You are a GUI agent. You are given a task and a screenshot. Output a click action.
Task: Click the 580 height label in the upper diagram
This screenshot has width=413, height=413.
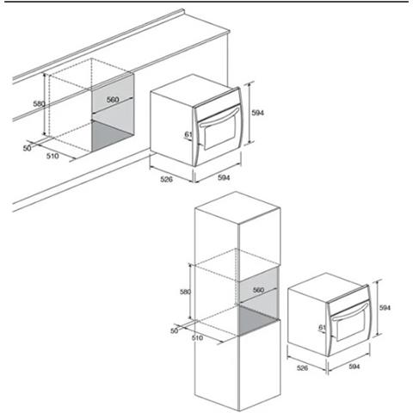(x=39, y=103)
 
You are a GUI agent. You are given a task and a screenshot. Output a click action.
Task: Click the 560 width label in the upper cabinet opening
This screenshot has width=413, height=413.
(x=113, y=100)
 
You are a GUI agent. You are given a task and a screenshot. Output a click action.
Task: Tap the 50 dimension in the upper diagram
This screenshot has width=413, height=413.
(x=28, y=148)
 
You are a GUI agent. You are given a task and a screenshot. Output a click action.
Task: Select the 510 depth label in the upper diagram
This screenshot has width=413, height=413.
(x=52, y=156)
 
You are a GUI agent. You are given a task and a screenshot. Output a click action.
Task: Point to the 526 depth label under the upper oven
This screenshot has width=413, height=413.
(x=166, y=179)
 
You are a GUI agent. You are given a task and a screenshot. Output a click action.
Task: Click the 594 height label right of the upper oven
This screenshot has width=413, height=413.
(x=257, y=113)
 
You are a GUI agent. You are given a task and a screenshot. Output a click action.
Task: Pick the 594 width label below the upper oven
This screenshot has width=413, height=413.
(x=224, y=177)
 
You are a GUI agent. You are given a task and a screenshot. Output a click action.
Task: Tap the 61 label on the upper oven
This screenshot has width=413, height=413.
(x=188, y=134)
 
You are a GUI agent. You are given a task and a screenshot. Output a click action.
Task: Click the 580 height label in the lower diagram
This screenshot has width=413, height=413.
(x=185, y=292)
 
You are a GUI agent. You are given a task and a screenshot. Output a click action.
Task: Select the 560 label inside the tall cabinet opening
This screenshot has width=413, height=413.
(x=258, y=290)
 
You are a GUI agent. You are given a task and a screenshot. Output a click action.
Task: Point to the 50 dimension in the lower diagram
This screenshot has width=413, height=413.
(x=175, y=330)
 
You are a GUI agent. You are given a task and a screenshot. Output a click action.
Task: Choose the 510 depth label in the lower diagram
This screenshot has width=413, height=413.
(x=197, y=338)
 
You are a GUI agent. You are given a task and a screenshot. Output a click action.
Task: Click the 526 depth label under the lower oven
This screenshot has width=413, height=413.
(x=302, y=368)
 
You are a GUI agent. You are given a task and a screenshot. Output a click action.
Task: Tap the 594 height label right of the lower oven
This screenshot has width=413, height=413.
(x=385, y=308)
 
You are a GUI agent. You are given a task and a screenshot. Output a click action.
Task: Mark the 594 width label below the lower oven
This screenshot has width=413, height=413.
(x=354, y=367)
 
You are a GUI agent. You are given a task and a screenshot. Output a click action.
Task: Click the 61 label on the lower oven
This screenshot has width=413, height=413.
(x=323, y=327)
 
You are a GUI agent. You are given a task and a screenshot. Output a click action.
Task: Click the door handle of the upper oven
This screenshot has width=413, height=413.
(x=219, y=117)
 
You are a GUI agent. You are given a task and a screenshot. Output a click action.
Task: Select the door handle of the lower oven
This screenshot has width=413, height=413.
(x=349, y=311)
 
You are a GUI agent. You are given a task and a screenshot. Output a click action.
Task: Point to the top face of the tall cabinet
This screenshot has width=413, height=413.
(x=237, y=207)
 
